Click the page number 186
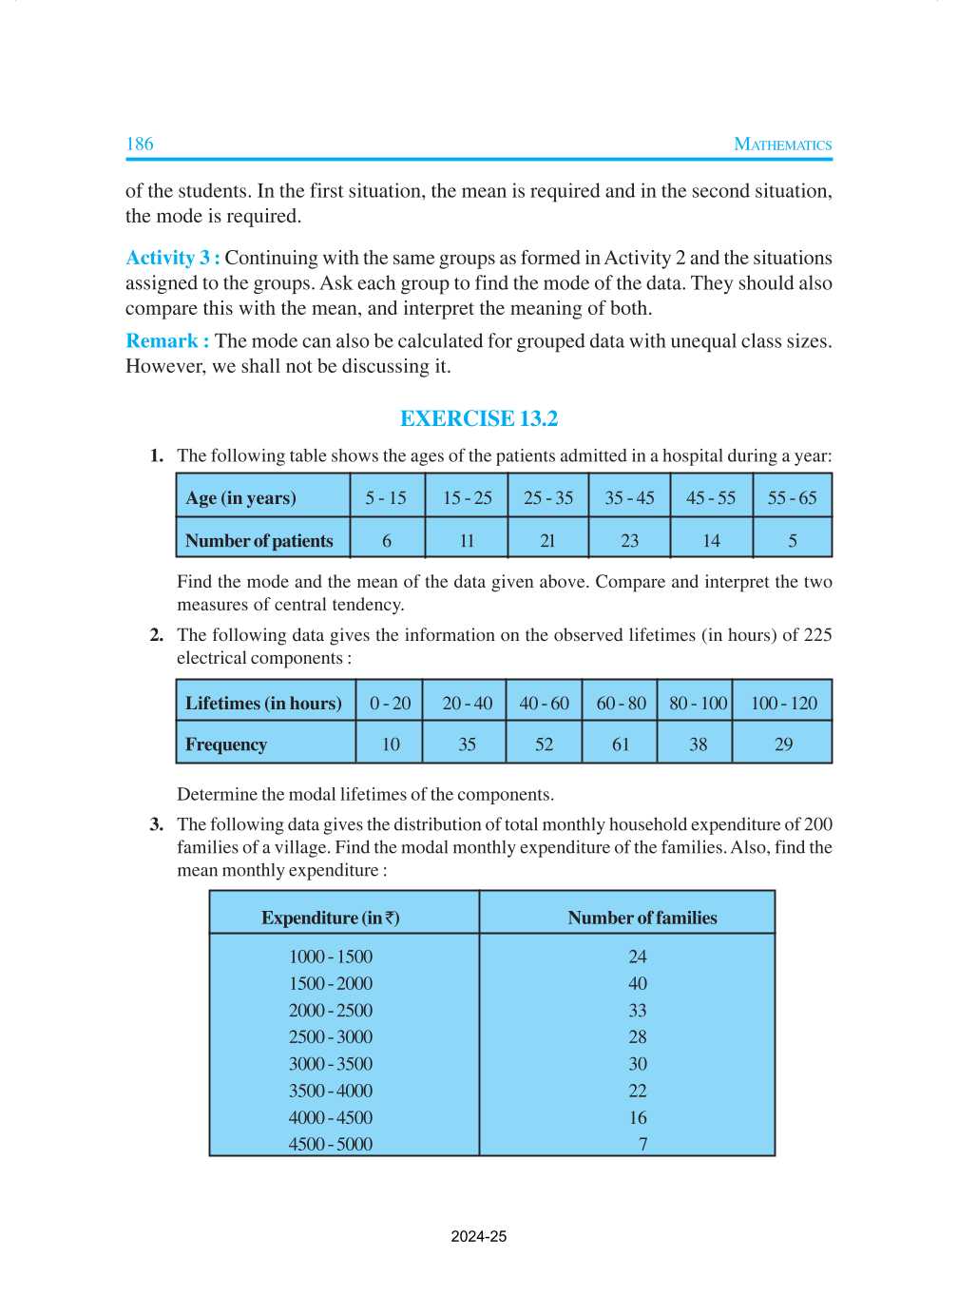(140, 144)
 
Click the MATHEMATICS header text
(782, 145)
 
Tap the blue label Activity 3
(172, 258)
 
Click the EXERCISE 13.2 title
(479, 418)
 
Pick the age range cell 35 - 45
(629, 497)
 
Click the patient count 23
(629, 540)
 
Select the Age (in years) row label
(240, 497)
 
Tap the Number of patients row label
(259, 540)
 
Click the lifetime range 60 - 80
(621, 703)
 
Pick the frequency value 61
(621, 744)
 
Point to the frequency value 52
(544, 744)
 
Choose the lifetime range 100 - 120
(783, 703)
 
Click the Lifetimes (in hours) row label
(263, 703)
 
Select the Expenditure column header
(330, 918)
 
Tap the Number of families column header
(642, 918)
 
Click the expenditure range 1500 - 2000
(331, 983)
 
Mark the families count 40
(638, 983)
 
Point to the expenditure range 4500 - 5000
(331, 1144)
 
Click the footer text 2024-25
(479, 1236)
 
